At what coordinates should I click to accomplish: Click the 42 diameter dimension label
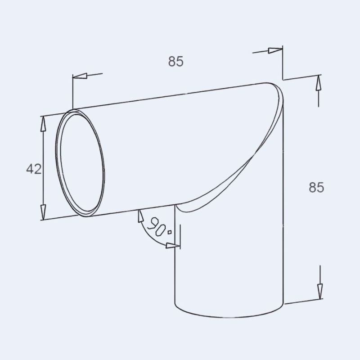click(34, 169)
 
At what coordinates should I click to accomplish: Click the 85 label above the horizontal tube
click(176, 62)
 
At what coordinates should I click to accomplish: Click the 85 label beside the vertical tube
click(316, 187)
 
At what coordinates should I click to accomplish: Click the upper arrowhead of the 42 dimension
click(43, 123)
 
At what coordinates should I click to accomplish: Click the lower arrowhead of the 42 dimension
click(43, 212)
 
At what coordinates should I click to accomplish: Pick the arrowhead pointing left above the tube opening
click(79, 76)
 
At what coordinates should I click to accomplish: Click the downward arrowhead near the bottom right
click(319, 291)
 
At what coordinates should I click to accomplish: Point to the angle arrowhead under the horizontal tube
click(140, 217)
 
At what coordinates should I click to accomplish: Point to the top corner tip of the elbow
click(272, 84)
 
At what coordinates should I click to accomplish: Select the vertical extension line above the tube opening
click(72, 92)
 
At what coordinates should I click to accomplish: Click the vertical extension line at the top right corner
click(282, 63)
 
